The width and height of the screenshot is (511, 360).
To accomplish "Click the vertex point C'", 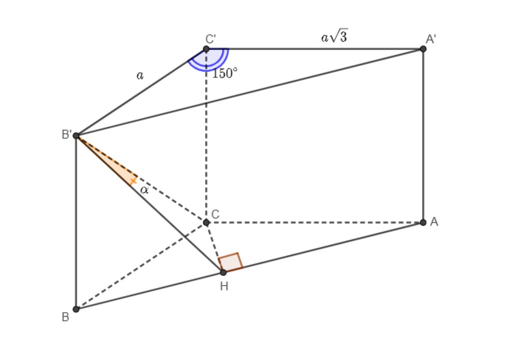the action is click(x=206, y=49).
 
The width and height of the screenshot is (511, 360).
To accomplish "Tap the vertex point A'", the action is click(x=423, y=49).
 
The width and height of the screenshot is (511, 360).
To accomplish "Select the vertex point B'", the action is click(x=76, y=135).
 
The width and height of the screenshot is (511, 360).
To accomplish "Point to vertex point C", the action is click(x=206, y=222).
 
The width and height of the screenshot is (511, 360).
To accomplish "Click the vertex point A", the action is click(x=423, y=222).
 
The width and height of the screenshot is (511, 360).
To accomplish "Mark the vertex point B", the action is click(x=76, y=309).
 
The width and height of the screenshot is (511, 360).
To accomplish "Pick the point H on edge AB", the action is click(x=223, y=272).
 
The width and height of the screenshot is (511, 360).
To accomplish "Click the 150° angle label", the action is click(x=225, y=74).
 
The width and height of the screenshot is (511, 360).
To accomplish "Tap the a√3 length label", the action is click(x=334, y=36).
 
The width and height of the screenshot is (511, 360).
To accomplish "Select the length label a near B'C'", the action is click(x=140, y=75).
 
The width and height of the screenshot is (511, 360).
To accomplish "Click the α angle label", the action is click(x=145, y=190).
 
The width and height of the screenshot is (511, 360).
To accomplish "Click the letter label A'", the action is click(x=431, y=39).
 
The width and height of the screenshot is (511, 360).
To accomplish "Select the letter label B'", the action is click(x=67, y=134).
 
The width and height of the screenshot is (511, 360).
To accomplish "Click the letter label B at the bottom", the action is click(x=65, y=317).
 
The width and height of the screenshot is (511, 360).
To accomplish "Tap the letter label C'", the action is click(x=211, y=39).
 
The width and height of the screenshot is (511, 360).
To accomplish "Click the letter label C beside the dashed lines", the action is click(x=215, y=214).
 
